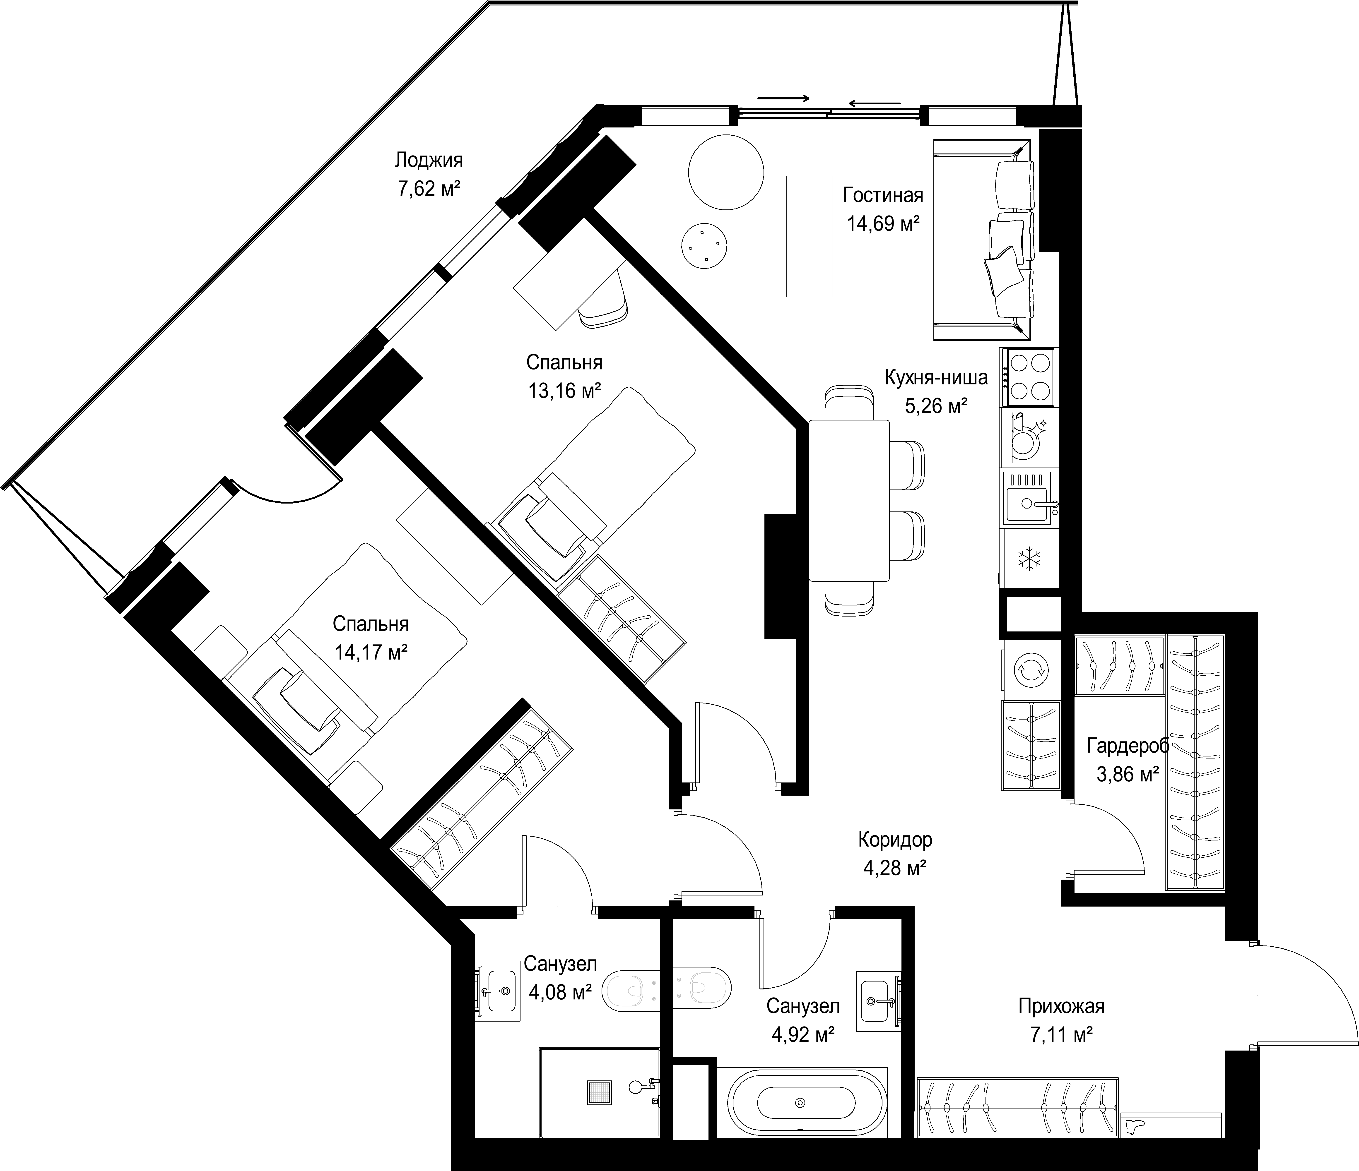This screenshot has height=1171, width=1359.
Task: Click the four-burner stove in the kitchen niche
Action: click(1028, 377)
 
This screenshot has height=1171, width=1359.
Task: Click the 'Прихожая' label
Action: click(1061, 1006)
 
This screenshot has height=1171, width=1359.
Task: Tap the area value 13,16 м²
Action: click(565, 391)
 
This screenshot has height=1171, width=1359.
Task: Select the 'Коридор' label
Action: click(895, 839)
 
